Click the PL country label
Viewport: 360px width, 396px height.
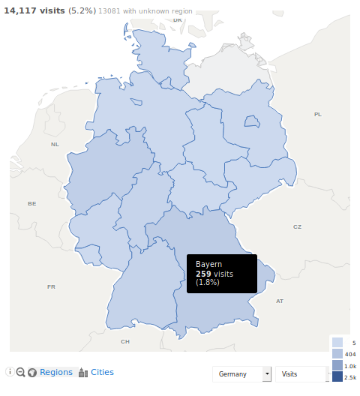tap(317, 114)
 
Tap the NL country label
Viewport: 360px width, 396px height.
tap(54, 144)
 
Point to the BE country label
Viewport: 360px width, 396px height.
tap(31, 203)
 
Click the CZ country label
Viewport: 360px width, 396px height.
tap(297, 226)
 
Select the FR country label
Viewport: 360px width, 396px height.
tap(51, 286)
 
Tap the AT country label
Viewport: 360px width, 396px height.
tap(280, 301)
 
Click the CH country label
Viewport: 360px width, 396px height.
tap(125, 341)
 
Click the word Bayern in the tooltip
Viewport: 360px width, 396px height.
tap(208, 264)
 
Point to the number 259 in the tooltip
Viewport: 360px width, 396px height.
tap(203, 274)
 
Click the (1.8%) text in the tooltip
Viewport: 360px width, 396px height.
tap(208, 283)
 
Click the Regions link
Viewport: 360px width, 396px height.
tap(56, 372)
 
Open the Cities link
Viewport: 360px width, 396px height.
tap(102, 372)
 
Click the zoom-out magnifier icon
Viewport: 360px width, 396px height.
tap(21, 372)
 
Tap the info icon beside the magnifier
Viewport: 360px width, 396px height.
tap(10, 372)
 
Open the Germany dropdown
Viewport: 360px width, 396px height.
tap(244, 373)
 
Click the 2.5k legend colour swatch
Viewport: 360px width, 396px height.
tap(337, 376)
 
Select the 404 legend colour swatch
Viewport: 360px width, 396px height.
tap(337, 353)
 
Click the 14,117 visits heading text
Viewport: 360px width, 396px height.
tap(34, 11)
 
